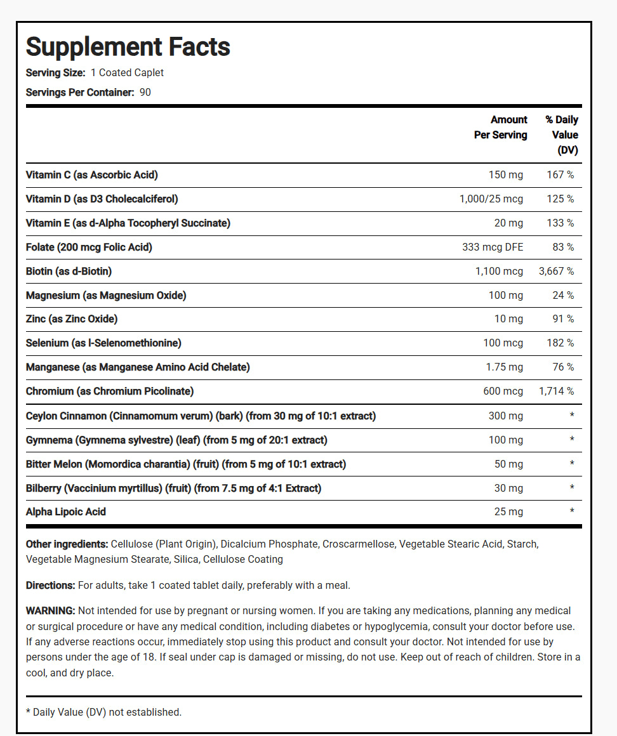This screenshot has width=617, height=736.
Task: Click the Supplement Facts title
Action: (x=128, y=47)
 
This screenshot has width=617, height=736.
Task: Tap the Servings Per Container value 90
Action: (x=145, y=93)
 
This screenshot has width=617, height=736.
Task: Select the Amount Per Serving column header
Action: (x=501, y=128)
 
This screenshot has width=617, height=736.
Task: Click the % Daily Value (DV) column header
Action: (x=562, y=135)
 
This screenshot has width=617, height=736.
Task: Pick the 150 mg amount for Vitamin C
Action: (x=505, y=174)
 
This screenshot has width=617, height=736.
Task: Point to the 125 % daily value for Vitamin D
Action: (x=561, y=199)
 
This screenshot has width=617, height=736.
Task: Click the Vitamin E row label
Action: (x=128, y=223)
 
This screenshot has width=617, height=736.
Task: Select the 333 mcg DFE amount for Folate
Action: (x=493, y=247)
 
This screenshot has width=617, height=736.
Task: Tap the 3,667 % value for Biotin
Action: (x=556, y=272)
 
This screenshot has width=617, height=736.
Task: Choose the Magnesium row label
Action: (x=106, y=296)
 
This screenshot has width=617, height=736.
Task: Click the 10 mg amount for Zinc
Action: (x=509, y=319)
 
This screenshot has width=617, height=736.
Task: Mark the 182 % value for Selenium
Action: (x=561, y=343)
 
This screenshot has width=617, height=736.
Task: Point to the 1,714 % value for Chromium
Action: (x=556, y=391)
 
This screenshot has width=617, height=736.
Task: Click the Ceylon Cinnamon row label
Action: (x=201, y=416)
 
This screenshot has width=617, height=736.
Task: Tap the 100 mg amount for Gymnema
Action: (x=505, y=440)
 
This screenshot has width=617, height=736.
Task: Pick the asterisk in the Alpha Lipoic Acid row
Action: (x=572, y=512)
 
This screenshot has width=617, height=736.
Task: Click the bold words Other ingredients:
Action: (x=67, y=544)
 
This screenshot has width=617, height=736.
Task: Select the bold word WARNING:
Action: (x=51, y=611)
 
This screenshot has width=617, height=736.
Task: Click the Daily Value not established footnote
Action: (x=103, y=713)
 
